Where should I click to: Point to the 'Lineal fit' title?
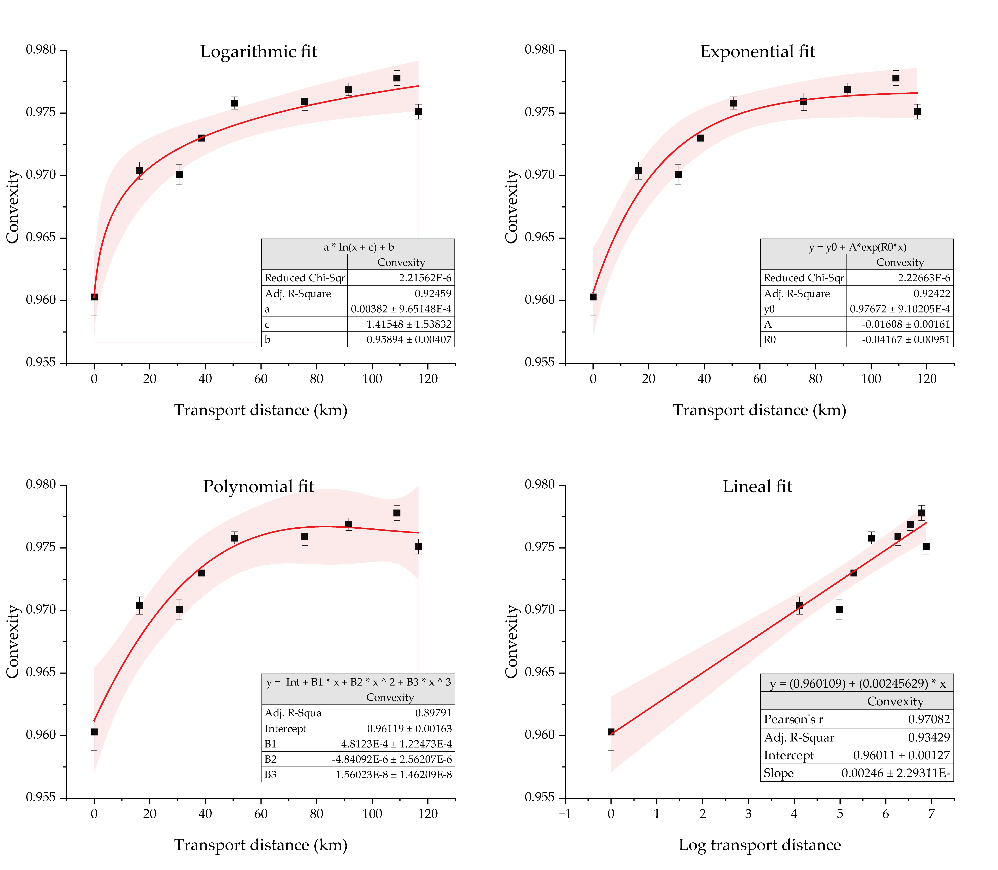[x=757, y=487]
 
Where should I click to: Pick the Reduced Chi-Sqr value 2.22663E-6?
[x=924, y=278]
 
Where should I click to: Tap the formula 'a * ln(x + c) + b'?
[x=358, y=247]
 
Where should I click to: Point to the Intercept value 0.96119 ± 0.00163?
[x=409, y=728]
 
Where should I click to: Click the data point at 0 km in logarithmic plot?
[x=94, y=297]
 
